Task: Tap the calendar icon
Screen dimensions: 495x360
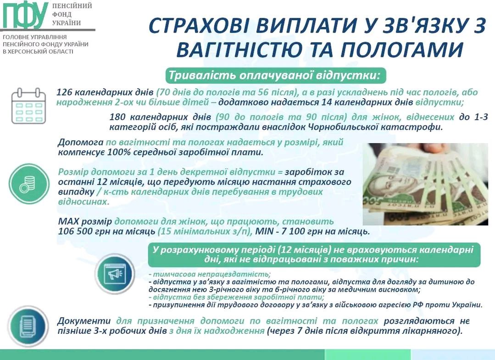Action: (x=29, y=106)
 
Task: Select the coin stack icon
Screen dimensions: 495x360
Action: (x=29, y=183)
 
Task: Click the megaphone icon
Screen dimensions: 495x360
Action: (x=115, y=273)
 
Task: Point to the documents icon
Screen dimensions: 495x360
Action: (x=28, y=326)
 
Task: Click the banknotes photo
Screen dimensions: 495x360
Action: (x=425, y=184)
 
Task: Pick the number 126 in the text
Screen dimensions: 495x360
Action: (x=64, y=92)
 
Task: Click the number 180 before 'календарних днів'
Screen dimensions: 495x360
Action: (x=117, y=117)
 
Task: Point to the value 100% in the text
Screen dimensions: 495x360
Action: (x=117, y=152)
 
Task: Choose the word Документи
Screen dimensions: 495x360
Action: (x=84, y=321)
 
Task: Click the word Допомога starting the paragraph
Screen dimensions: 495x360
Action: (x=80, y=142)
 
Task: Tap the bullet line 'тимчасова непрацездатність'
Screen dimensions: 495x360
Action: (x=210, y=274)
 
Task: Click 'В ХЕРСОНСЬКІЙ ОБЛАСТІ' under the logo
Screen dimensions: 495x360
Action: (x=38, y=51)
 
